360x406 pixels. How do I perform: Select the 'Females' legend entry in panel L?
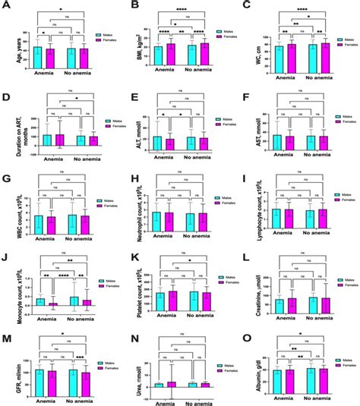pos(344,283)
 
